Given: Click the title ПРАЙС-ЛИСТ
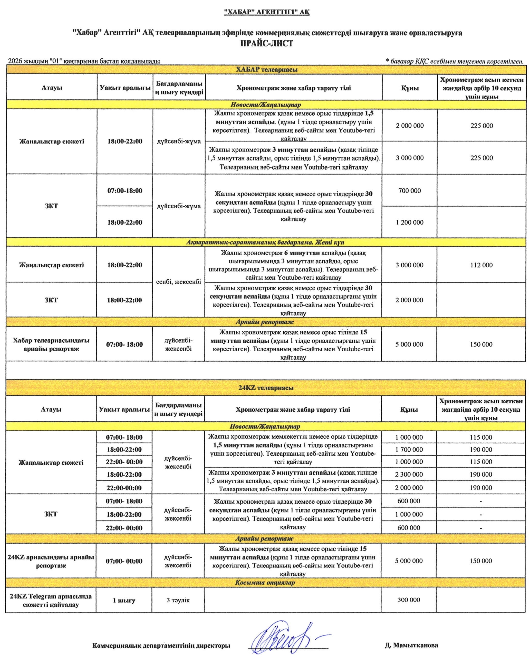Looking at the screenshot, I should (266, 43).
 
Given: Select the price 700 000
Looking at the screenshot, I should (409, 191).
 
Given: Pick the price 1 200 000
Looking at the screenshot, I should (409, 222).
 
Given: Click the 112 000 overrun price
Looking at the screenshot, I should (481, 265).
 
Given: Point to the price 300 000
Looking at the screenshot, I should (409, 600).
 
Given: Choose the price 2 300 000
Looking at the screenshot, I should (409, 474).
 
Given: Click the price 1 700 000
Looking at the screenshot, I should (409, 450).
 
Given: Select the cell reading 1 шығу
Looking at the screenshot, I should (124, 600).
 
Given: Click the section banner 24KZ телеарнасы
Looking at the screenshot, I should (266, 388).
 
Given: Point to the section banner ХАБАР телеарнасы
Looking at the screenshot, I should (266, 70).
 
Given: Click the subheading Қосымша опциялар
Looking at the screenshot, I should (265, 583).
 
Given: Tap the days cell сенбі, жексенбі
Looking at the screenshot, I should (179, 282).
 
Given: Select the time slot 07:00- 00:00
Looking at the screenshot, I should (124, 561).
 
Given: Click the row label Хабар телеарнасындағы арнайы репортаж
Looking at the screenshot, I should (51, 344).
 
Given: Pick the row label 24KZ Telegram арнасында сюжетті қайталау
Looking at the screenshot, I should (51, 600).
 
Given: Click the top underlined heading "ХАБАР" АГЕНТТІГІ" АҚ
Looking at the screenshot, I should (266, 12).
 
